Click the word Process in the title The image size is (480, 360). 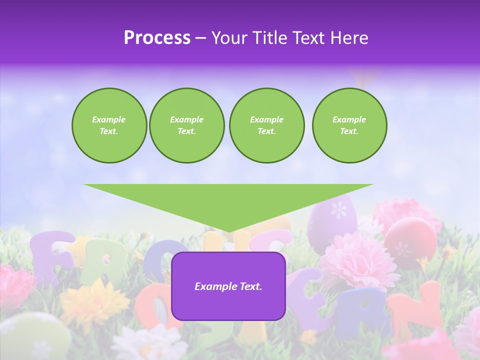tap(156, 38)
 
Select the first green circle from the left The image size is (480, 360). tap(109, 125)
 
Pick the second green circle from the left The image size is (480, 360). tap(187, 125)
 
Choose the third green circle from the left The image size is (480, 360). tap(266, 125)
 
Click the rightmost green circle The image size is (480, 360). tap(349, 125)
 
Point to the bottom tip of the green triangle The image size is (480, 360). tap(228, 231)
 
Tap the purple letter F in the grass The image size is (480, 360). tap(50, 255)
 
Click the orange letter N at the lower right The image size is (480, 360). tap(414, 310)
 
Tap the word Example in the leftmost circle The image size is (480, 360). tap(108, 119)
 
